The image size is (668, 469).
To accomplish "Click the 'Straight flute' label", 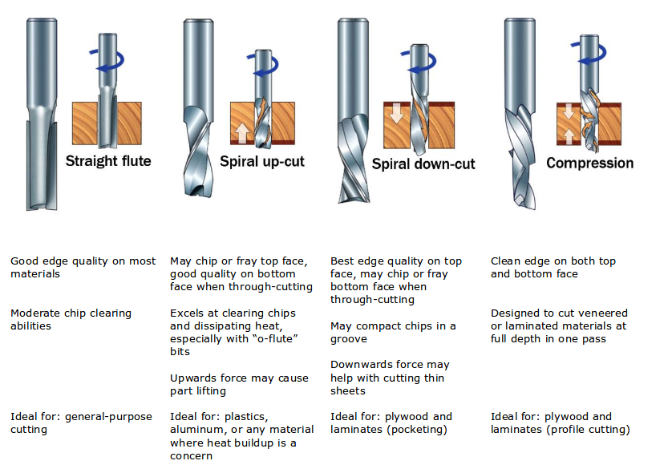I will [x=108, y=160].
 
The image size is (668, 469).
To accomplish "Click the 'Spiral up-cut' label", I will [x=262, y=161].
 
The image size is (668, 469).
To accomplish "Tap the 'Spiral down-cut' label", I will [x=423, y=164].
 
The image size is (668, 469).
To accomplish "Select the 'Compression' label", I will [x=589, y=163].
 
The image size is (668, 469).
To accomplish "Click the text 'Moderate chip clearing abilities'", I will [x=71, y=319].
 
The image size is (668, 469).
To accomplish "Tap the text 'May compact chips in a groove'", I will [x=393, y=332].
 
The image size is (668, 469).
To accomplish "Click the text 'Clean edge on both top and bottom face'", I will [x=553, y=267].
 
